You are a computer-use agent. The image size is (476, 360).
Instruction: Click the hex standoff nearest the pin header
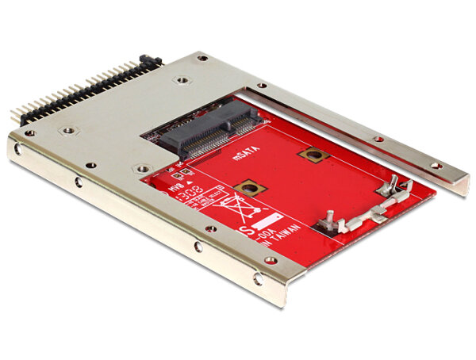pyautogui.click(x=69, y=129)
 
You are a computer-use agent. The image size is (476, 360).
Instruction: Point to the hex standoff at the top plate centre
pyautogui.click(x=182, y=80)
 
